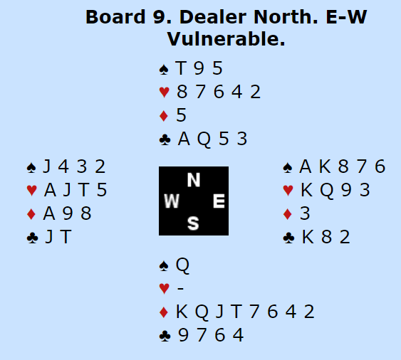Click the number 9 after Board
[159, 17]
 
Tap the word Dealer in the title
[213, 17]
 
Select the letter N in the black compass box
[193, 180]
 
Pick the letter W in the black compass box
[172, 201]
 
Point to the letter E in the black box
[219, 201]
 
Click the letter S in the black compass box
[193, 223]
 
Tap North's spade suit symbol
[164, 70]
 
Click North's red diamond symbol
[163, 116]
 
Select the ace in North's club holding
[184, 139]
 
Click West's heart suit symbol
[32, 191]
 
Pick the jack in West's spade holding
[47, 166]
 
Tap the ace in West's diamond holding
[49, 213]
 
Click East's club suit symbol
[288, 238]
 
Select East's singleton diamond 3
[305, 213]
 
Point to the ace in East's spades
[306, 166]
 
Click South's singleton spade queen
[182, 265]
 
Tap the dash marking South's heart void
[180, 288]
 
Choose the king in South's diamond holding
[182, 312]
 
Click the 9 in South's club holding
[183, 335]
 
